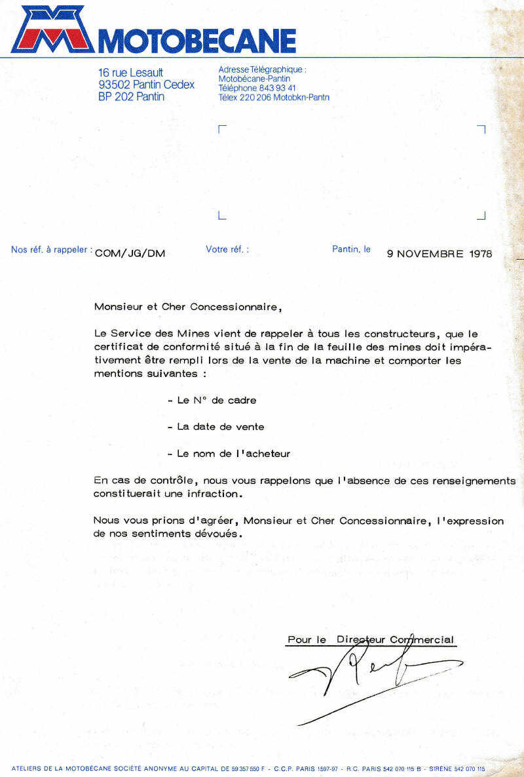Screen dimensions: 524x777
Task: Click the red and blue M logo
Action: coord(52,30)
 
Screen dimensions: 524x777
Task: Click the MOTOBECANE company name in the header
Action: coord(196,41)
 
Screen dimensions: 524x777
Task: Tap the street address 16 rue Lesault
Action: coord(130,73)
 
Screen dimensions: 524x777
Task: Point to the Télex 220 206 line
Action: coord(274,97)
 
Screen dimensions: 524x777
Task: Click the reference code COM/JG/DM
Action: coord(130,254)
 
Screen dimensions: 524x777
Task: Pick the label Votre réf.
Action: coord(227,249)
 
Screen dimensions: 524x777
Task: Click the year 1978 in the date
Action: coord(480,254)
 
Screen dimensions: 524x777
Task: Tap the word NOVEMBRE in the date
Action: coord(431,254)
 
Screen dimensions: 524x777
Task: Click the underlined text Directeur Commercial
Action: coord(395,639)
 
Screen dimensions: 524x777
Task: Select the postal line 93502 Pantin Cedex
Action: coord(146,85)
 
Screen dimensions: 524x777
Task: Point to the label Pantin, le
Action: coord(351,249)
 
